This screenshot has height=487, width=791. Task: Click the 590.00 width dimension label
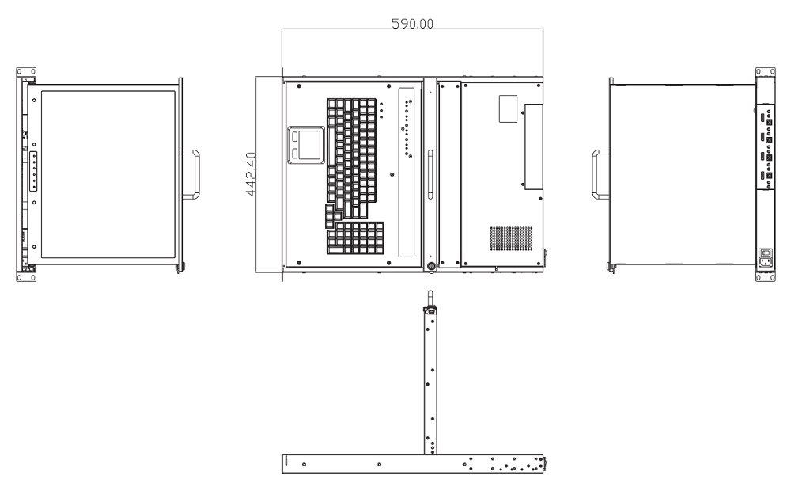pos(412,23)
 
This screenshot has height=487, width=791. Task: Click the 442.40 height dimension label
pos(251,174)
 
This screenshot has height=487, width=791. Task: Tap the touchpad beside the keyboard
pos(306,145)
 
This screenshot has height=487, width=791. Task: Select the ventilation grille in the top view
pos(511,238)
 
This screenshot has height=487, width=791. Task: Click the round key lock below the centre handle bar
pos(430,266)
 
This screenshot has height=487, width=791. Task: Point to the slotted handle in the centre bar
pos(430,174)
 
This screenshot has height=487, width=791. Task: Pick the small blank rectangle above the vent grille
pos(508,108)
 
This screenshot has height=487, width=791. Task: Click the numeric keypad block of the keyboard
pos(355,238)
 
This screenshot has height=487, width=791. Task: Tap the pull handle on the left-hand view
pos(191,174)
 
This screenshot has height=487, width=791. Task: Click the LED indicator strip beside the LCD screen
pos(34,171)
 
